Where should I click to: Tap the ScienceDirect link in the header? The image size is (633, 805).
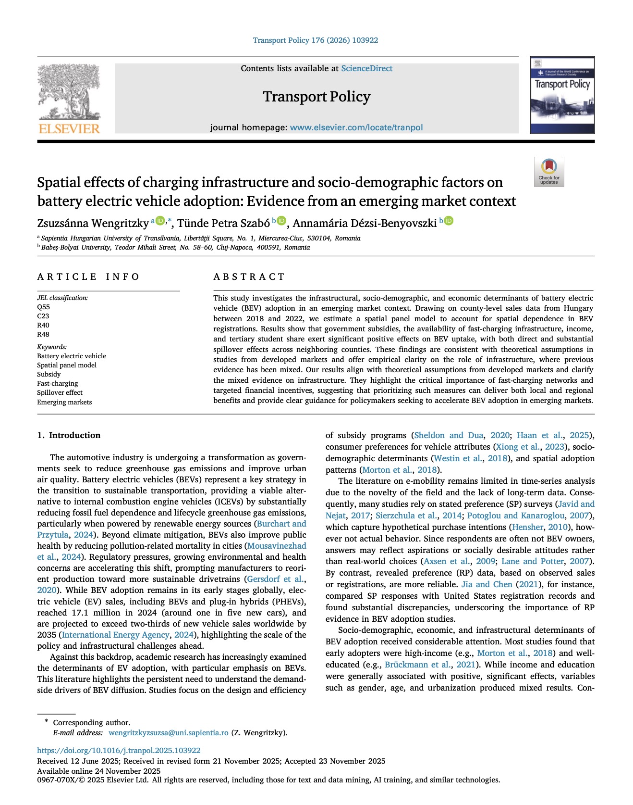pos(366,68)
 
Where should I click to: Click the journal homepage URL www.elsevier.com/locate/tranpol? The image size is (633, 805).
pos(356,127)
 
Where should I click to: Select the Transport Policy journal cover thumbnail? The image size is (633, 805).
pos(562,95)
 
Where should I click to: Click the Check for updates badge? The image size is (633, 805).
pos(549,172)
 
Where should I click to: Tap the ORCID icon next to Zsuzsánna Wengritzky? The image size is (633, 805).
pos(159,221)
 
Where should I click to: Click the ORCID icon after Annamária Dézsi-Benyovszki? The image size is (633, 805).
pos(449,221)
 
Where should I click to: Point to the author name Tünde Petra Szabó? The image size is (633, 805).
pos(223,223)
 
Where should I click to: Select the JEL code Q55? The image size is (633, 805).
pos(44,307)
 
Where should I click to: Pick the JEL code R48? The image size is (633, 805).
pos(43,334)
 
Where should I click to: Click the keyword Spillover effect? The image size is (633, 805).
pos(60,392)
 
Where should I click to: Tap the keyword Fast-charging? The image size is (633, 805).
pos(57,383)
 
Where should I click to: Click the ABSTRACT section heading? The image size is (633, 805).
pos(249,277)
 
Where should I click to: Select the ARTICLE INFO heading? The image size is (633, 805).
pos(88,277)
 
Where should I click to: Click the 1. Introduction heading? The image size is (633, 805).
pos(69,435)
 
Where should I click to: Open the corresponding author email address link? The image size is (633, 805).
pos(168,733)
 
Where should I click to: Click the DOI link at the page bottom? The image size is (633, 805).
pos(119,750)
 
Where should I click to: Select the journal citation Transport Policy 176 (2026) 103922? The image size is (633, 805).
pos(316,40)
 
